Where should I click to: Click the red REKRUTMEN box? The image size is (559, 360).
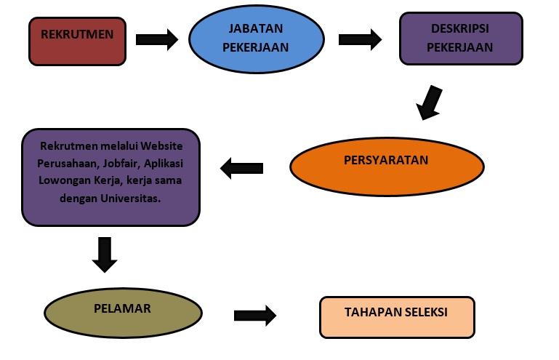76,41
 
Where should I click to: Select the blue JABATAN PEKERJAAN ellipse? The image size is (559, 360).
256,39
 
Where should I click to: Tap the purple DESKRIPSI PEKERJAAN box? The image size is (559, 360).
461,39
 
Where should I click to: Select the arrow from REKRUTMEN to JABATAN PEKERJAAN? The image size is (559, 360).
157,39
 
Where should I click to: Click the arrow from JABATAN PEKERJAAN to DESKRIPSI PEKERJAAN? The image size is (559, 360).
361,39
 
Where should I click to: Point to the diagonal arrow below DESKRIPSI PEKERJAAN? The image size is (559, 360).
429,103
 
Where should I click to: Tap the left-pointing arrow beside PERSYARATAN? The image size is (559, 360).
241,169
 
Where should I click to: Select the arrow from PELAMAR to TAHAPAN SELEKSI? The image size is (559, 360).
255,316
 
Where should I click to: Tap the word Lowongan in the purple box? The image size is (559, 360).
64,180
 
